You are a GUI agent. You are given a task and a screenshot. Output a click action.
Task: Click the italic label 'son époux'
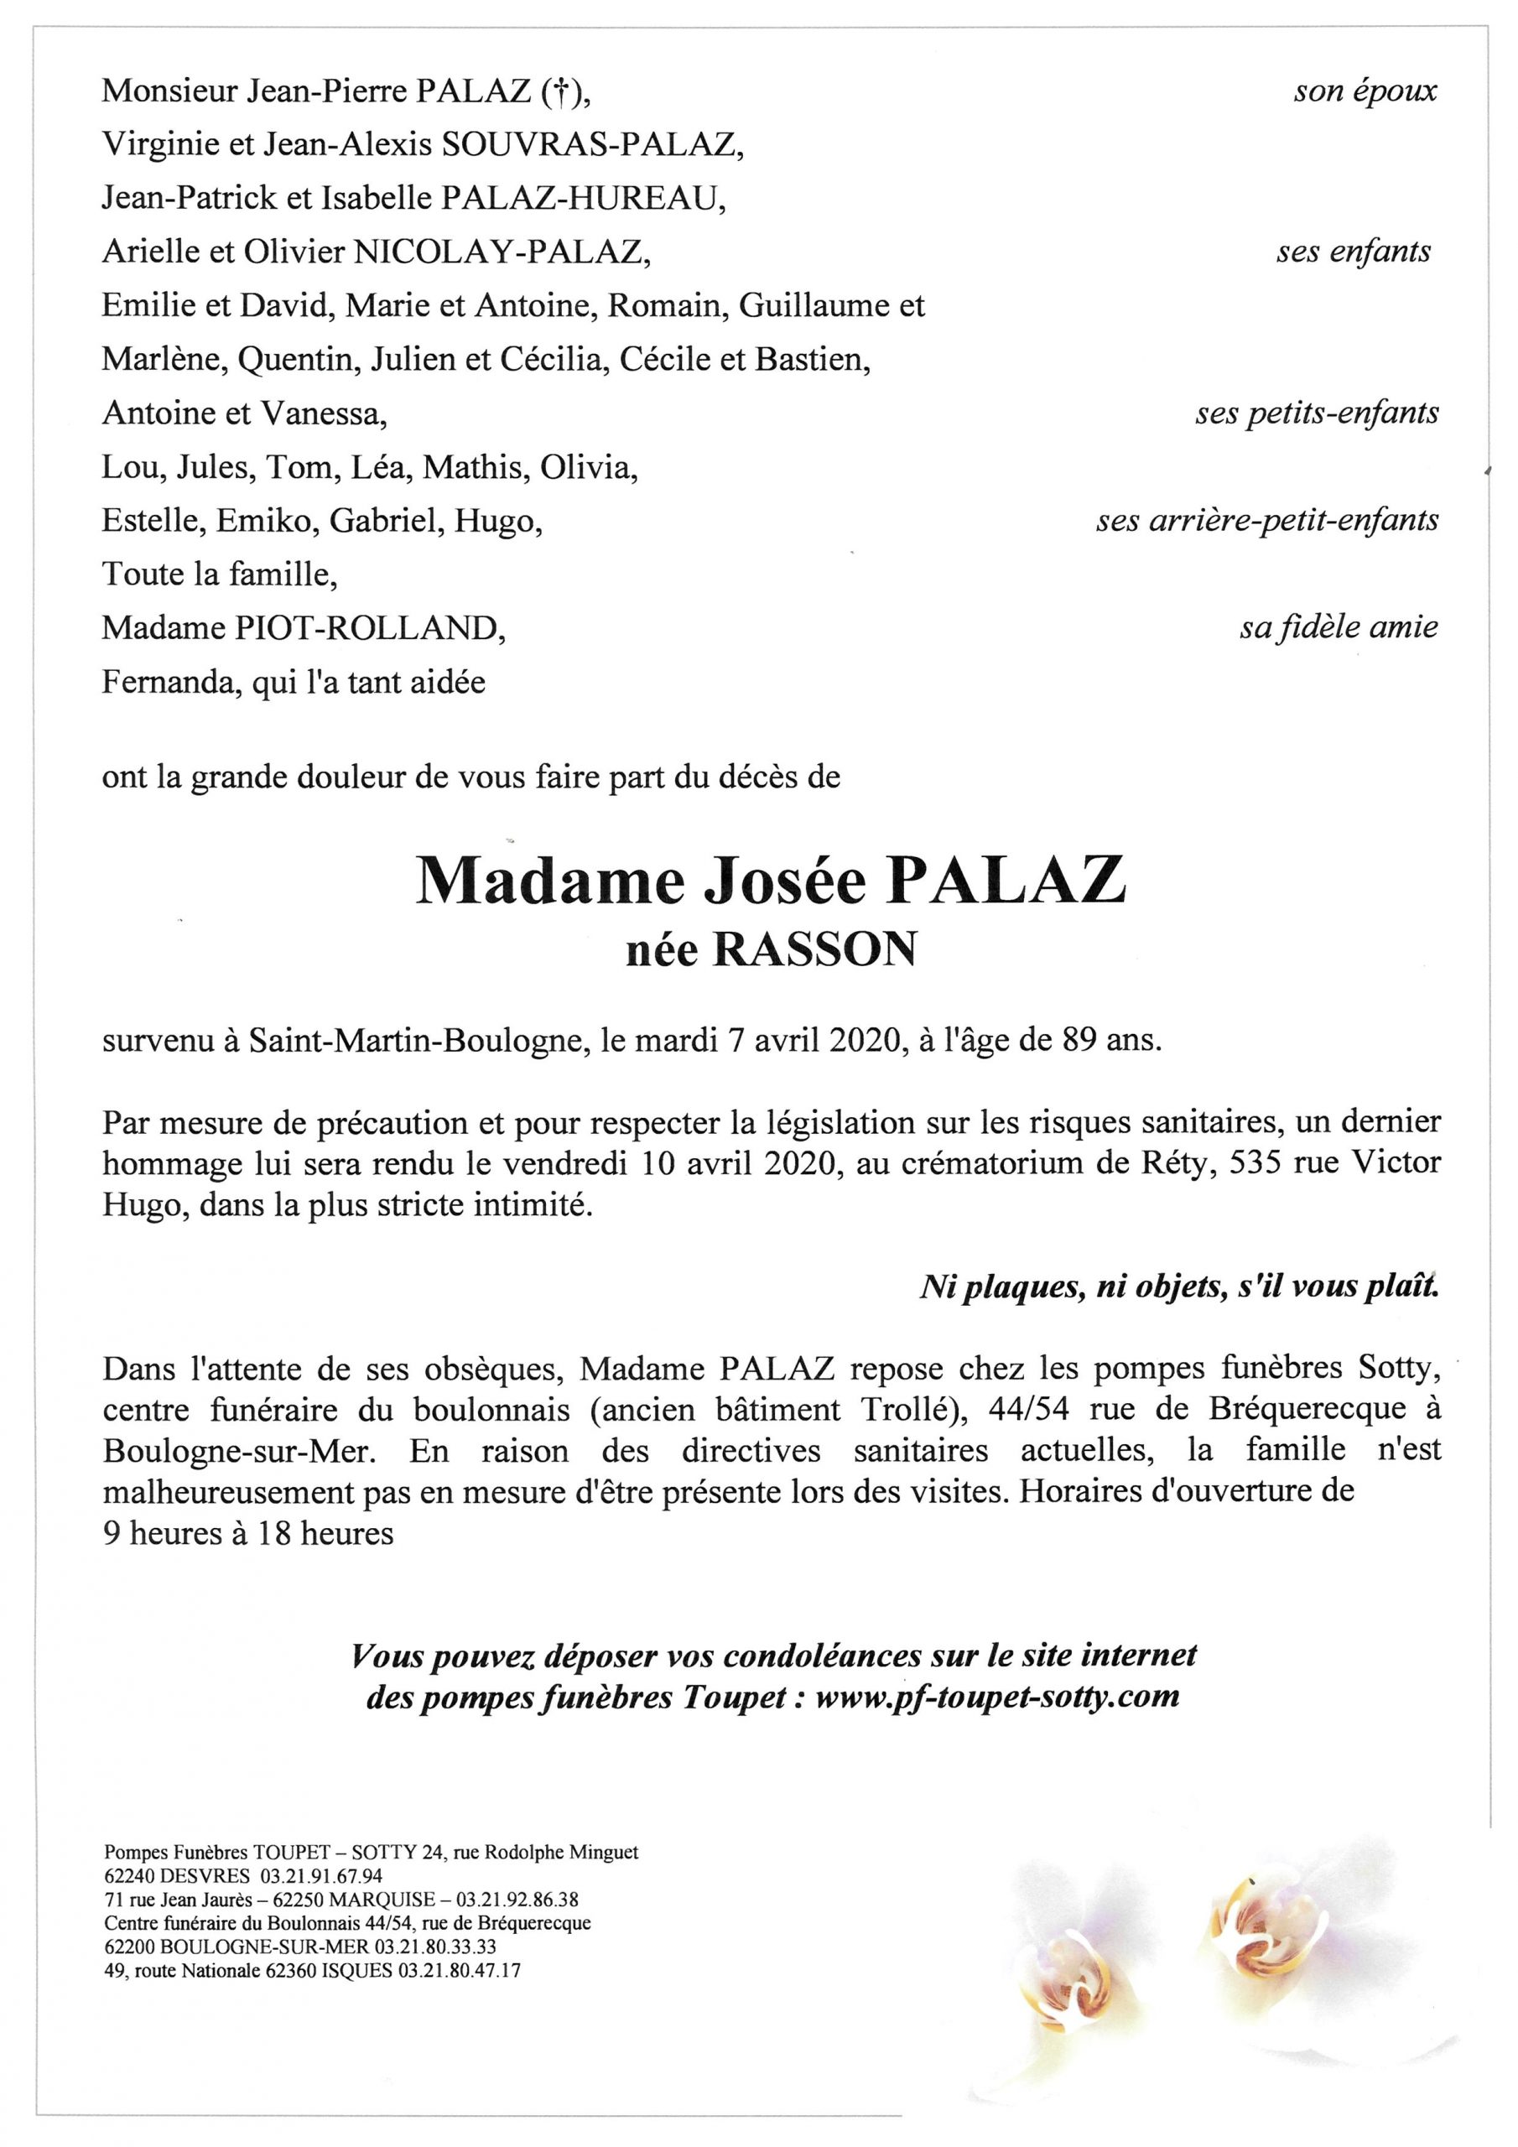click(x=1365, y=91)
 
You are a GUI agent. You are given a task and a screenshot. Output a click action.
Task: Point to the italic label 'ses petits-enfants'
click(x=1316, y=413)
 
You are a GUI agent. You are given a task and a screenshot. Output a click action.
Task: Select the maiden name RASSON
click(x=814, y=951)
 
